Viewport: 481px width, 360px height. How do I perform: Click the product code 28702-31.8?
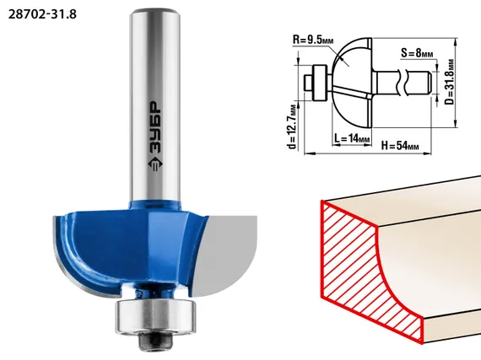(x=42, y=14)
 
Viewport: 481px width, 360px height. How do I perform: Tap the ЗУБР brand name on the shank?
(x=155, y=127)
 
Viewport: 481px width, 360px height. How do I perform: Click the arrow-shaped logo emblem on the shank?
(x=155, y=164)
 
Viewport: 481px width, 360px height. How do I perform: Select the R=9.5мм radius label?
(x=313, y=40)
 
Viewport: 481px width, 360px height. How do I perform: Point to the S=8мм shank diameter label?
(x=417, y=53)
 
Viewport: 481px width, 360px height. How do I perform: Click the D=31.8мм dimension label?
(x=450, y=82)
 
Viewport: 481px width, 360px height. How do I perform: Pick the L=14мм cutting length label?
(x=352, y=138)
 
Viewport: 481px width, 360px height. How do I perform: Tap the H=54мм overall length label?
(x=400, y=145)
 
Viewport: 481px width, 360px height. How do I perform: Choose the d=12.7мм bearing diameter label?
(x=293, y=126)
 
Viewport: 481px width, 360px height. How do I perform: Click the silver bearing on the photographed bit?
(x=155, y=316)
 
